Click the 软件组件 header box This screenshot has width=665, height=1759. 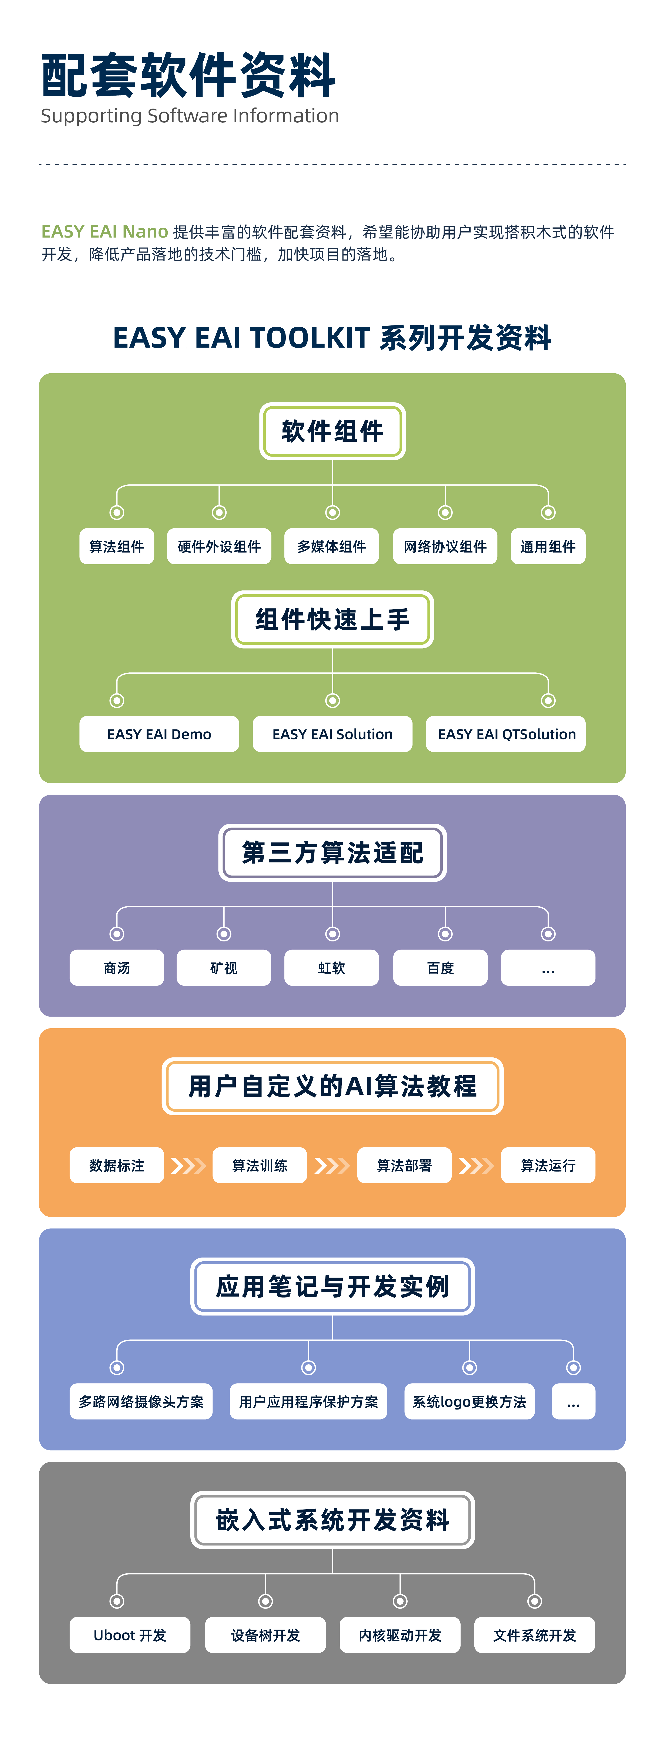(x=332, y=431)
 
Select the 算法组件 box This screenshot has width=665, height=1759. (x=117, y=546)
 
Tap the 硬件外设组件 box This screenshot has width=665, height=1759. (x=219, y=546)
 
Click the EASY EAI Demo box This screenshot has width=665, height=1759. (x=159, y=734)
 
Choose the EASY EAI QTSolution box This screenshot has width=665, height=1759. (x=506, y=734)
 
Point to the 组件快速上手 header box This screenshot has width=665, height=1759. (x=332, y=619)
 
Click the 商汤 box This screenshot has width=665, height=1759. (x=117, y=968)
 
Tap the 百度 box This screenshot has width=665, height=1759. (x=440, y=968)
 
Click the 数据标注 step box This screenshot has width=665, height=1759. (x=117, y=1165)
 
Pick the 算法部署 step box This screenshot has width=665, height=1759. (x=404, y=1165)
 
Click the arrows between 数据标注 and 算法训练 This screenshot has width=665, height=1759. (x=188, y=1165)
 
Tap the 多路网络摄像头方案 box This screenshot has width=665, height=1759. (x=141, y=1401)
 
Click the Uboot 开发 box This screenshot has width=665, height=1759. (x=130, y=1635)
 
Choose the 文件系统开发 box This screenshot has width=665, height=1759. (x=535, y=1635)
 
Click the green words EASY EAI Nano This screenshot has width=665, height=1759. (x=104, y=232)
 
